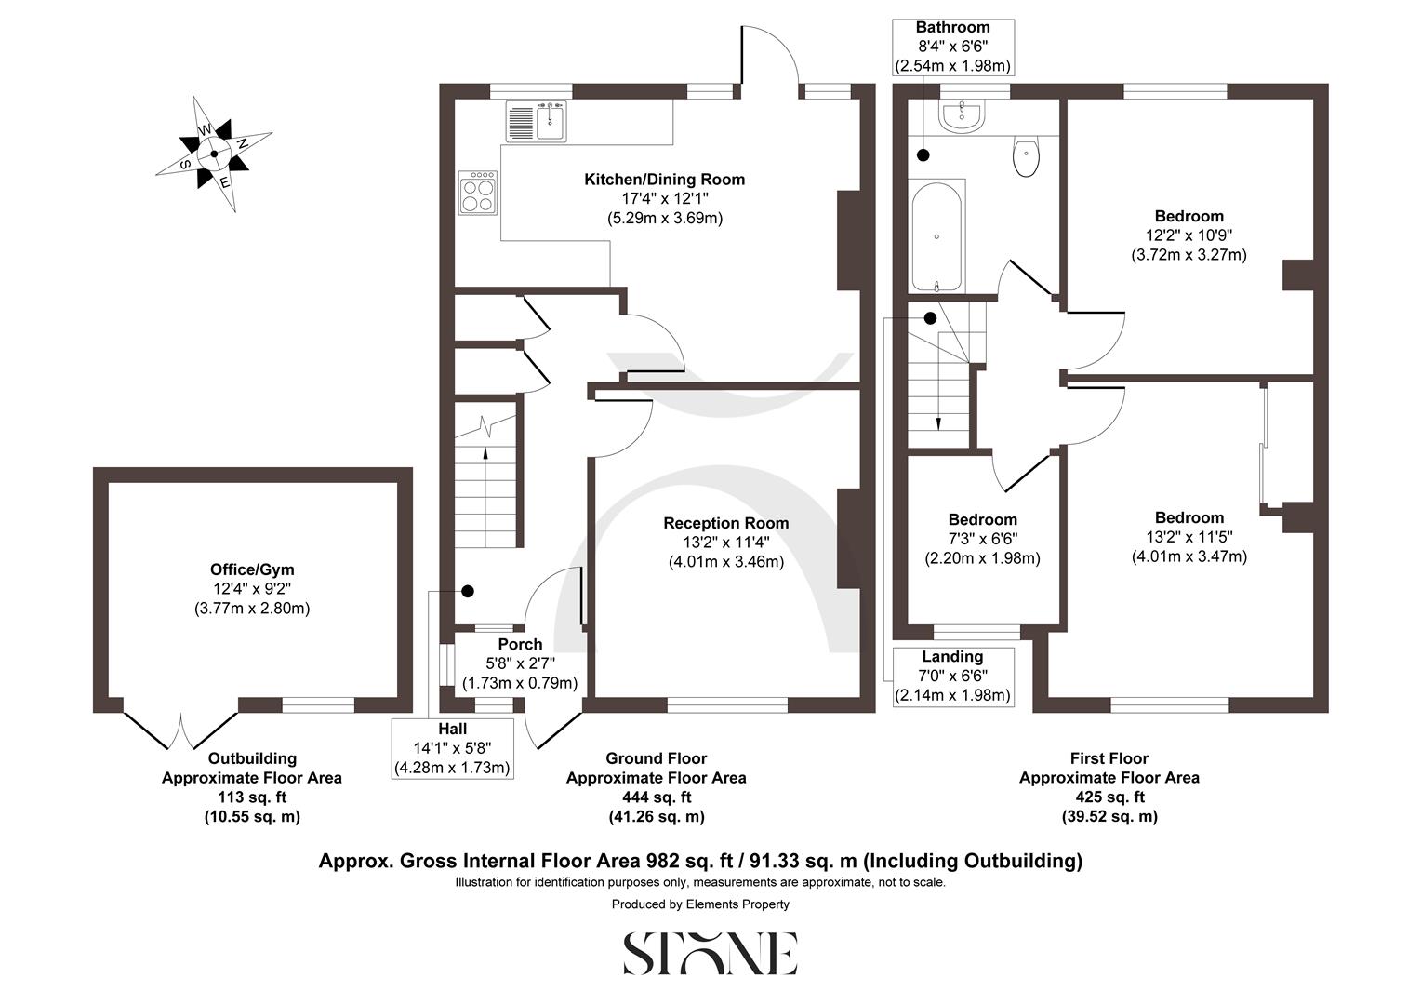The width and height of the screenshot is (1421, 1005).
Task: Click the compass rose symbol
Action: pyautogui.click(x=214, y=154)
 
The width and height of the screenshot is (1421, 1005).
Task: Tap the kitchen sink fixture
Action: pyautogui.click(x=538, y=122)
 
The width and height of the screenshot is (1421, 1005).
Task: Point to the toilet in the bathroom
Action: pyautogui.click(x=1026, y=157)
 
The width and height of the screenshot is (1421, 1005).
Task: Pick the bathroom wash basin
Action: pyautogui.click(x=963, y=116)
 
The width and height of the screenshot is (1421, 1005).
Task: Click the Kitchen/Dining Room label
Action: pyautogui.click(x=664, y=180)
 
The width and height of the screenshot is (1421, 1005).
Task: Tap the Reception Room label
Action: pyautogui.click(x=725, y=524)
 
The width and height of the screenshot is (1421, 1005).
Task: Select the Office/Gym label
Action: pyautogui.click(x=252, y=569)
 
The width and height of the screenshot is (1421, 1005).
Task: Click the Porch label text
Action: pyautogui.click(x=520, y=644)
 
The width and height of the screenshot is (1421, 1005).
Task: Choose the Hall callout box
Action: pyautogui.click(x=453, y=748)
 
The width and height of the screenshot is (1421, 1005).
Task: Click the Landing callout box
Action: pyautogui.click(x=952, y=676)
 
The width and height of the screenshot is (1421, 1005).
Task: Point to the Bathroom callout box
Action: pyautogui.click(x=952, y=47)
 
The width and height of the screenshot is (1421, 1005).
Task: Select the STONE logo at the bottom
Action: pyautogui.click(x=710, y=952)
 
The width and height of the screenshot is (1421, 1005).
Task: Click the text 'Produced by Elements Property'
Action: pyautogui.click(x=700, y=904)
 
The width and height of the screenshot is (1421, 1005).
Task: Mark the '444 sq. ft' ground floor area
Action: pyautogui.click(x=656, y=797)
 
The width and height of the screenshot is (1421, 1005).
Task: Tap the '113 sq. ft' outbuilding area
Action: pyautogui.click(x=252, y=797)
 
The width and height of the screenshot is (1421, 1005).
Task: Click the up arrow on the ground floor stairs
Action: pyautogui.click(x=485, y=454)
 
